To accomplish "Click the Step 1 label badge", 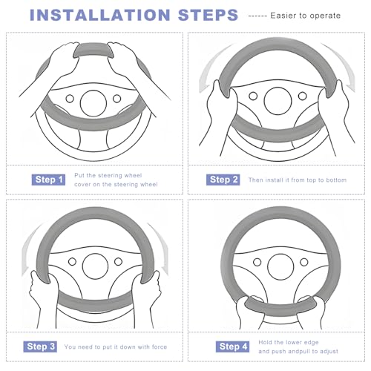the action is (x=48, y=180).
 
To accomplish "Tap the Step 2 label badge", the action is (x=223, y=180).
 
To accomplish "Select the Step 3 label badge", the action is (x=40, y=347).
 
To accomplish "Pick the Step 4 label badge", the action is (x=232, y=347).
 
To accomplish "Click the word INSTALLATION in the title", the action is (x=100, y=15).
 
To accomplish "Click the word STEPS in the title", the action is (x=208, y=15).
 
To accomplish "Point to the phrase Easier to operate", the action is (x=306, y=16).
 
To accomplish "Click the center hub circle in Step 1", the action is (x=93, y=103).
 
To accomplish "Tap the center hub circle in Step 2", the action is (x=278, y=101).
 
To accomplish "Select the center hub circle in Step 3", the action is (x=95, y=266).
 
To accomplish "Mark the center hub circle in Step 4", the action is (x=280, y=267).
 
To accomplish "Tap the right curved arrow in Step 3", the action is (x=162, y=247).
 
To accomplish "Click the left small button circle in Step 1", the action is (x=70, y=99).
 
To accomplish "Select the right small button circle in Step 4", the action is (x=303, y=262).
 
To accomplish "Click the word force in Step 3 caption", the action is (x=160, y=347).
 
